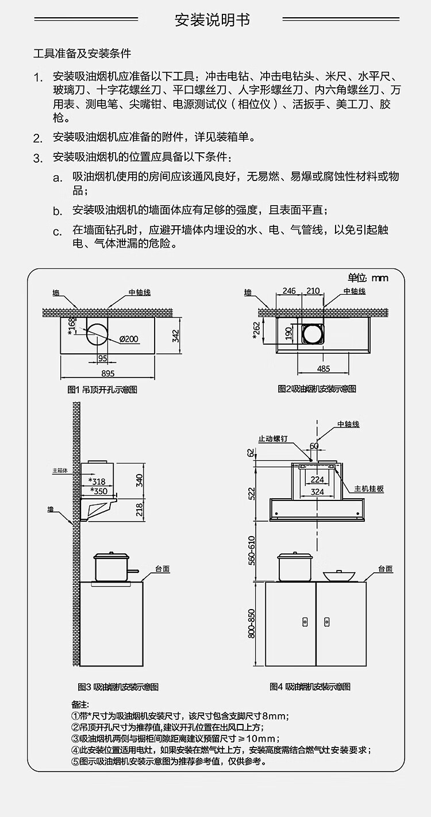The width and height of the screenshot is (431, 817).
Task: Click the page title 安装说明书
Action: coord(213,20)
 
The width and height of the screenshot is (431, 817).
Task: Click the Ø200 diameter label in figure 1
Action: coord(129,339)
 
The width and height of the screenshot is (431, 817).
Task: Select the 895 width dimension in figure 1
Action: coord(107,373)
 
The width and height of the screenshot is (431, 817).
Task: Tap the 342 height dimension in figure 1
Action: coord(175,336)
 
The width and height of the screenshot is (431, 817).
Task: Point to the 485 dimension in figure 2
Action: coord(324,369)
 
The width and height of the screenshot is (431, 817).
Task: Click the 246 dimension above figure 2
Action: coord(289,291)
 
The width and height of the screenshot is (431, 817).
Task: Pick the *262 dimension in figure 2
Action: coord(256,330)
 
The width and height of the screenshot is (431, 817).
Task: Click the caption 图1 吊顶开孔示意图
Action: coord(102,390)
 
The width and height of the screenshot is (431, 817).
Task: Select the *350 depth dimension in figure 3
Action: coord(98,491)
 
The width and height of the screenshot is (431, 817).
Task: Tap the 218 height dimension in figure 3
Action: coord(140,510)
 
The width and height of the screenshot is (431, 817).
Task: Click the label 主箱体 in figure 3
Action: coord(60,471)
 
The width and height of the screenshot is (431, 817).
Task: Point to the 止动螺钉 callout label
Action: coord(273,439)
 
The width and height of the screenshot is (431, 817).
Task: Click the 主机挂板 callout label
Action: coord(369,489)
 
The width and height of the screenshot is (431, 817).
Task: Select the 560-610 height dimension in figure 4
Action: coord(252,550)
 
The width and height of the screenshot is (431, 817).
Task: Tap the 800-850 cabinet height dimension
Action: coord(252,623)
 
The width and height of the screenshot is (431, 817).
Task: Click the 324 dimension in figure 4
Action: coord(317,492)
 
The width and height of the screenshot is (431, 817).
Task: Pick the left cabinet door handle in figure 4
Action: coord(305,622)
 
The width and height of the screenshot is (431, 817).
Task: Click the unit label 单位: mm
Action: coord(368,278)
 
